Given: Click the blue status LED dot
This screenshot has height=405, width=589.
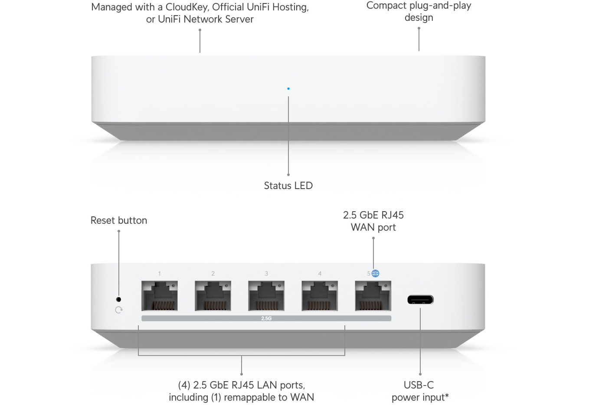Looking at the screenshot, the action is (x=288, y=88).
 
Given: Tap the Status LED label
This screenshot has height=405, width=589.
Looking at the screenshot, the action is (x=288, y=186).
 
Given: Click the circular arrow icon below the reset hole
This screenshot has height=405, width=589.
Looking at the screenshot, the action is (x=119, y=310).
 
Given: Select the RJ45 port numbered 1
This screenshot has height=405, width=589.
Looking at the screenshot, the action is (x=159, y=296).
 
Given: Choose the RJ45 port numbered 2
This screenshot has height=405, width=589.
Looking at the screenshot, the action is (x=213, y=296).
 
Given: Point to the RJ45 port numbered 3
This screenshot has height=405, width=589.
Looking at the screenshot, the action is (x=266, y=296).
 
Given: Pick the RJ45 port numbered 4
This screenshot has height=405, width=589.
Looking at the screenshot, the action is (x=320, y=296).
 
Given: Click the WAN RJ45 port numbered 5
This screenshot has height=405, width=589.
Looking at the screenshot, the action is (x=373, y=296).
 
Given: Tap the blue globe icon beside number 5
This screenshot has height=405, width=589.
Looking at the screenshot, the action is (x=376, y=273).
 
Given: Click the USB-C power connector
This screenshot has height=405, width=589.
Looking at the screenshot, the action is (x=420, y=300).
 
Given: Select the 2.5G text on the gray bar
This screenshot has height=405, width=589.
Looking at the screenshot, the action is (x=266, y=318).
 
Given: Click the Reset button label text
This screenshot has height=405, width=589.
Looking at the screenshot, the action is (x=119, y=220).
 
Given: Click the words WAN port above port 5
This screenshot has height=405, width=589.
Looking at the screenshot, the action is (x=373, y=227).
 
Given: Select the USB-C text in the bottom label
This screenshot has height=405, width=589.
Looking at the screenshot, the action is (x=419, y=385).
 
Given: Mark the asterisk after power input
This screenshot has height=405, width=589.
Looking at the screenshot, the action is (x=447, y=395).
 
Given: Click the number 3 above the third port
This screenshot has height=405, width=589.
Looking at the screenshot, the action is (x=266, y=274).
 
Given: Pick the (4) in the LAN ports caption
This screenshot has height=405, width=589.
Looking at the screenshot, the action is (x=184, y=385).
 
